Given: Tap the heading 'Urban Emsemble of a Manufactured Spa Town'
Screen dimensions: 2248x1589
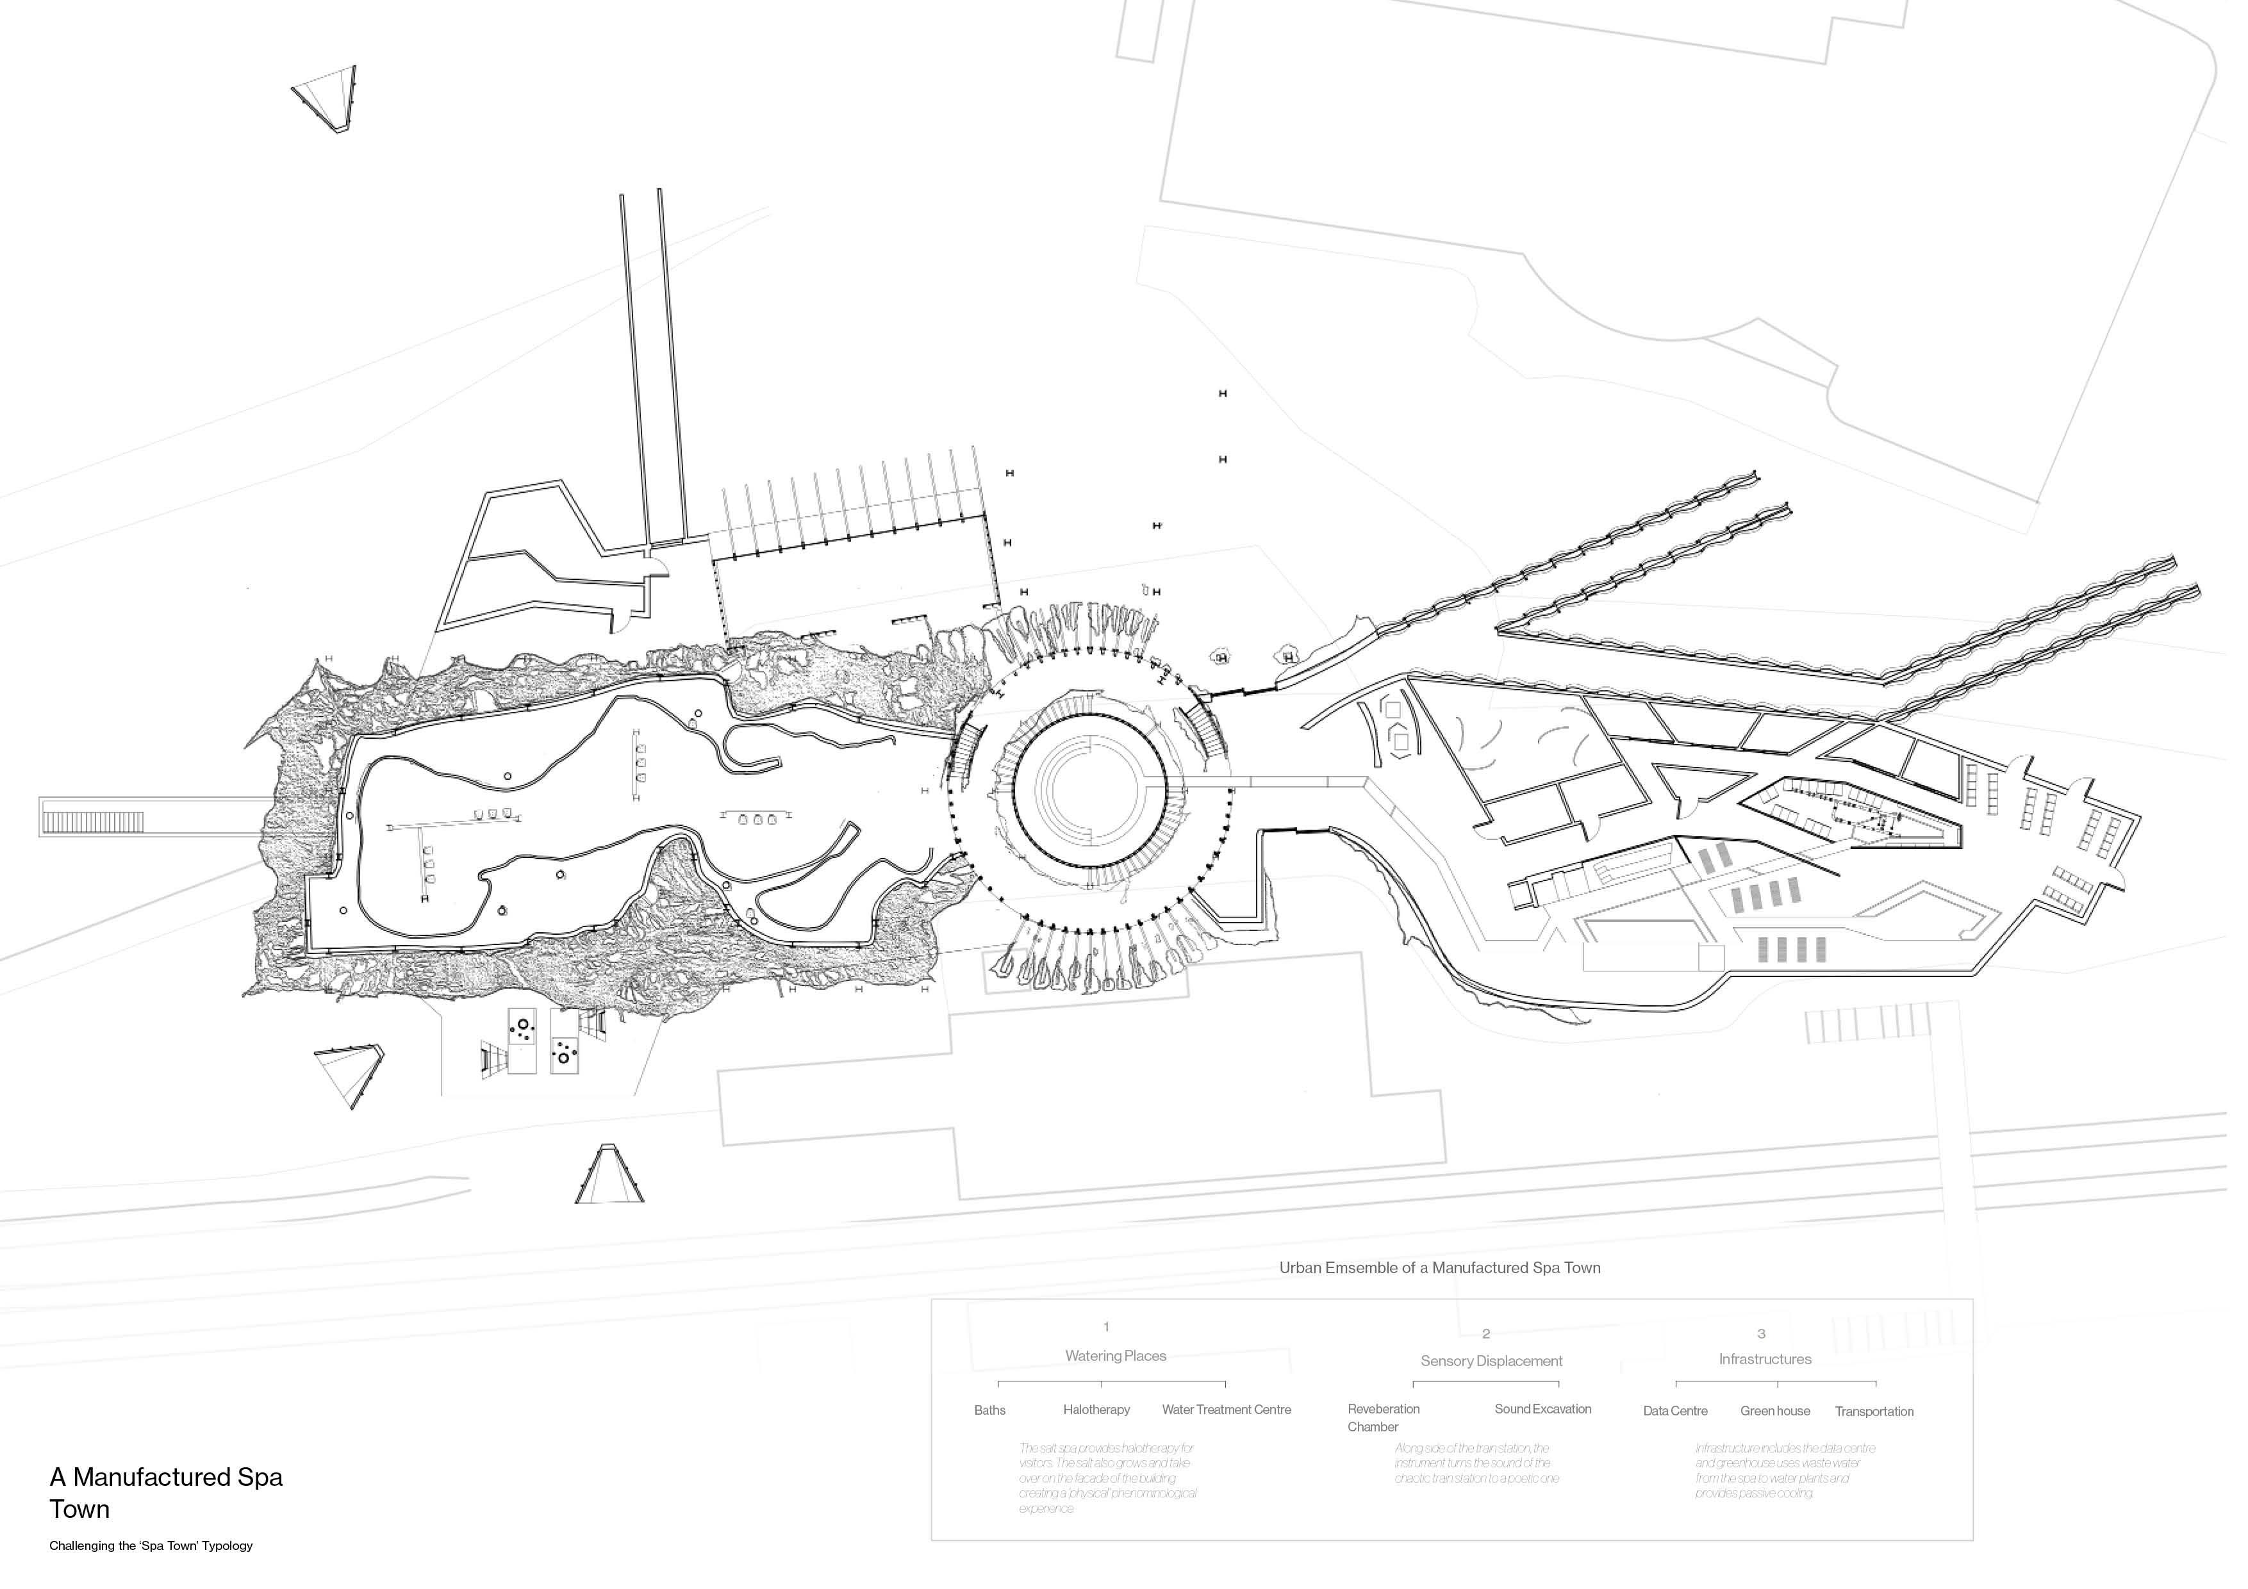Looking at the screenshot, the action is pyautogui.click(x=1439, y=1268).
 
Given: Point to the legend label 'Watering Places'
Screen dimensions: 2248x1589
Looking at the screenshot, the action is pyautogui.click(x=1115, y=1356).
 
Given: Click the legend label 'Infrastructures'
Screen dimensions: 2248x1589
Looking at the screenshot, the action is pyautogui.click(x=1764, y=1359).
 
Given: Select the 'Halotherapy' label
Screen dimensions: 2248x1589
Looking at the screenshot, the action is pyautogui.click(x=1096, y=1410).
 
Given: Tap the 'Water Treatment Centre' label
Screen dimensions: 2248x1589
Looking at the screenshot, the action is pyautogui.click(x=1226, y=1410).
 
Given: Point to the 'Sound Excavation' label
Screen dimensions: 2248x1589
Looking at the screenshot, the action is pyautogui.click(x=1542, y=1409).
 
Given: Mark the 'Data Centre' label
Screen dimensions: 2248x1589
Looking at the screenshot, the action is pyautogui.click(x=1674, y=1411).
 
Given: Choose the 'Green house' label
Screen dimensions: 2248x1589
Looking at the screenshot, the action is pyautogui.click(x=1774, y=1411).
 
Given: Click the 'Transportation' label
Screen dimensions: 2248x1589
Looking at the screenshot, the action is pyautogui.click(x=1873, y=1411).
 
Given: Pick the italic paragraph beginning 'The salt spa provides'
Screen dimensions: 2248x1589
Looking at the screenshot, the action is pyautogui.click(x=1106, y=1478).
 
